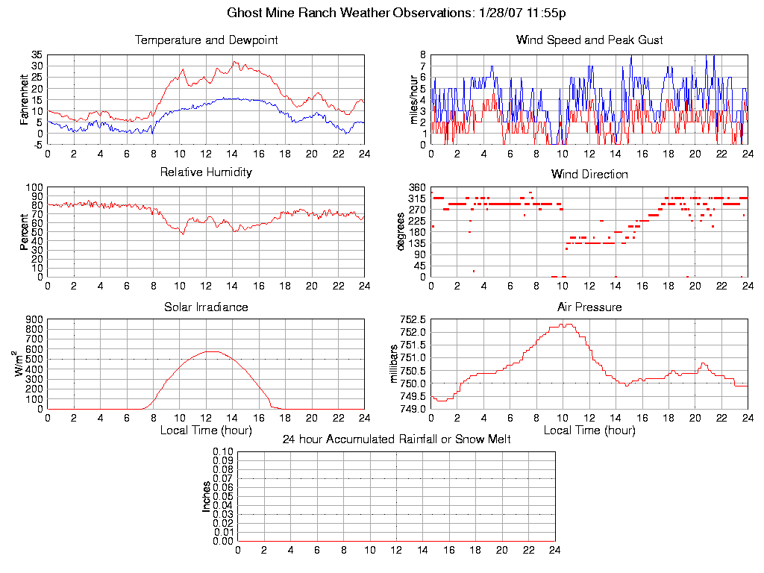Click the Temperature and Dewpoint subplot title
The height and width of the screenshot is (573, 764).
tap(206, 40)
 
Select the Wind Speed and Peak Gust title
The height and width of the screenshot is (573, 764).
tap(589, 40)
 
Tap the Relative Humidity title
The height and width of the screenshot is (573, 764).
tap(206, 172)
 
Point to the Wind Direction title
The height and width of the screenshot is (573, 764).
tap(589, 175)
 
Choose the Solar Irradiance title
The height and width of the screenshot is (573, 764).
tap(206, 307)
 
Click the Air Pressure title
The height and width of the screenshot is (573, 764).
tap(589, 307)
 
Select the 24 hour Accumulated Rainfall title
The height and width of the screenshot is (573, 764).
tap(396, 439)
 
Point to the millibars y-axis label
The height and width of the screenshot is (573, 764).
tap(395, 365)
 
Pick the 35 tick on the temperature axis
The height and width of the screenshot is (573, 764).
tap(37, 55)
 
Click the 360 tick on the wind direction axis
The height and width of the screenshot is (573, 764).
tap(416, 187)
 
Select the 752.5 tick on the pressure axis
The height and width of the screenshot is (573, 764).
tap(413, 320)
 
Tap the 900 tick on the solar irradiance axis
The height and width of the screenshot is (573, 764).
tap(34, 320)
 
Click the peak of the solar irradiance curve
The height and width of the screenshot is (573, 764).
tap(212, 351)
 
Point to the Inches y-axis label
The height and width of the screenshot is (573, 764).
tap(207, 496)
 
